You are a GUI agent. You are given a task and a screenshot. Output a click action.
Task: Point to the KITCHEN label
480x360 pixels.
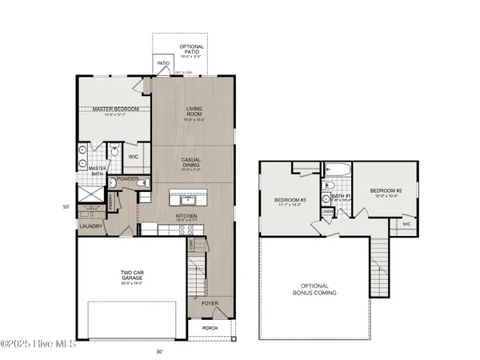(x=186, y=216)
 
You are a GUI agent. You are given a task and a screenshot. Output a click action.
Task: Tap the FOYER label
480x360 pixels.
(x=209, y=305)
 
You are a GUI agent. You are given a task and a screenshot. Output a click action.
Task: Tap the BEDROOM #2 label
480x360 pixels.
(x=385, y=191)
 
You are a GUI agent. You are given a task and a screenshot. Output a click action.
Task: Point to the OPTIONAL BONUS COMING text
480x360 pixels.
(x=318, y=290)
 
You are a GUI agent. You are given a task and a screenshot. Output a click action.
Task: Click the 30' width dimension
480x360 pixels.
(x=159, y=350)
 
